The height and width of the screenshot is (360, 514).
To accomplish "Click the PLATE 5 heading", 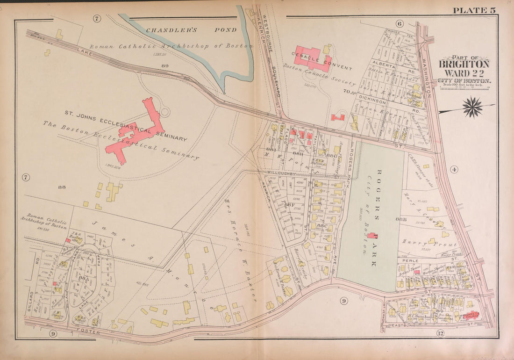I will coord(472,10).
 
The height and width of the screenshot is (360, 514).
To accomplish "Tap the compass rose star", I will coord(472,107).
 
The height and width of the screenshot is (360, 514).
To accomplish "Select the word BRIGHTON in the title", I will coord(464,65).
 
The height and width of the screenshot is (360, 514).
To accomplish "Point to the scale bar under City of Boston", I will coord(464,86).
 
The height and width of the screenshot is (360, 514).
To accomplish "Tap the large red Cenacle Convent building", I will coord(312,58).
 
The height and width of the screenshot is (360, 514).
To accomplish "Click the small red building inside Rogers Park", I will coord(373,235).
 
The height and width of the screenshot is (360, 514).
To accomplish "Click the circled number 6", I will coord(399,23).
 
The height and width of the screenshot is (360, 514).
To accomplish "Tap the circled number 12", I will coord(440,333).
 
